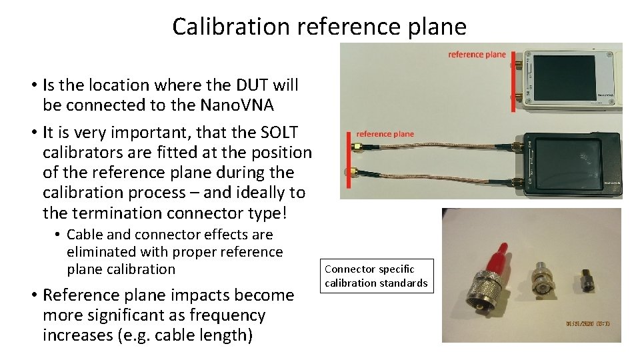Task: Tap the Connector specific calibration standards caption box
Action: [376, 276]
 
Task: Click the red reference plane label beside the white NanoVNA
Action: [477, 55]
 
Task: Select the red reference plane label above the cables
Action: [385, 134]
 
